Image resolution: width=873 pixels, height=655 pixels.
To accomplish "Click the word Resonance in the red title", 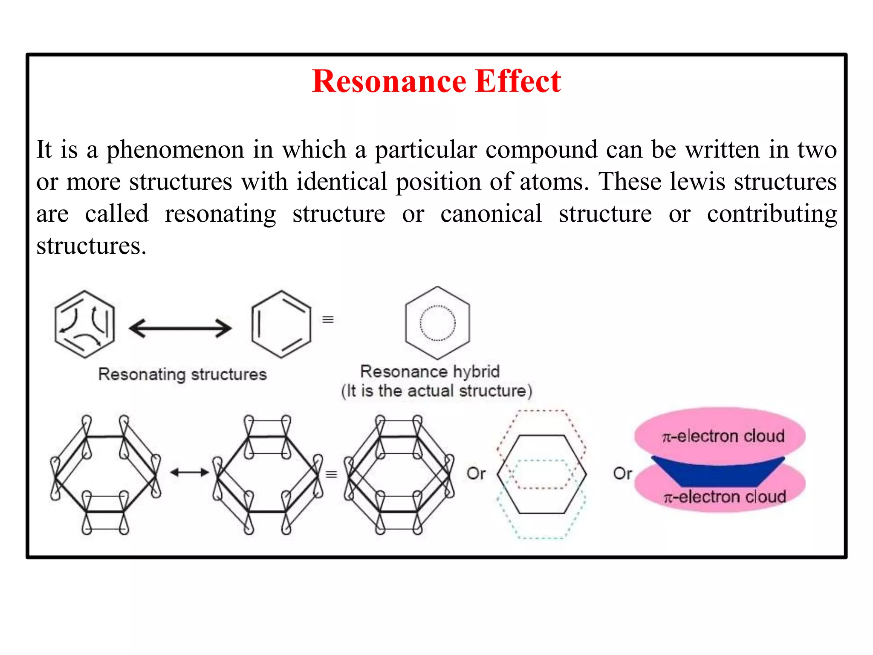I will pyautogui.click(x=389, y=81).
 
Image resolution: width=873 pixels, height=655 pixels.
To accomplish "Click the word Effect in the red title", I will pyautogui.click(x=517, y=81).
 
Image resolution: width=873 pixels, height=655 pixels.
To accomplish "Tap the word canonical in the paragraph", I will pyautogui.click(x=491, y=214).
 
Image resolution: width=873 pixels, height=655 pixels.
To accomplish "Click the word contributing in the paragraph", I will pyautogui.click(x=772, y=214).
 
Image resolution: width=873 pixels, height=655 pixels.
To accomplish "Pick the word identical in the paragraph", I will pyautogui.click(x=341, y=182).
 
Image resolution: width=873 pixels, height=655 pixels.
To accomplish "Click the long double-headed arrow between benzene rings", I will pyautogui.click(x=180, y=328).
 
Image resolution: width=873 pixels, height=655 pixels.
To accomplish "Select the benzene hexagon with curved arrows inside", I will pyautogui.click(x=84, y=324).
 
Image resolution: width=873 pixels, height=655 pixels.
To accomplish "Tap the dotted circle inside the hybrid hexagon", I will pyautogui.click(x=437, y=323).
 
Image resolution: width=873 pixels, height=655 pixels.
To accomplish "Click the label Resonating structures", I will pyautogui.click(x=182, y=374).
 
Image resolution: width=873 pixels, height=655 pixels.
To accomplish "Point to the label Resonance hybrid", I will pyautogui.click(x=430, y=371).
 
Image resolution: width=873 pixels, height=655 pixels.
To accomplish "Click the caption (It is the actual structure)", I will pyautogui.click(x=436, y=391).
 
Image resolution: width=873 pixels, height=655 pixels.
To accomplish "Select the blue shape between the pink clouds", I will pyautogui.click(x=718, y=472).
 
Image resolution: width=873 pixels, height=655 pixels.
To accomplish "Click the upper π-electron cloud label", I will pyautogui.click(x=723, y=436).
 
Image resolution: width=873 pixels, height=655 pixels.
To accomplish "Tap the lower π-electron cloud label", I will pyautogui.click(x=724, y=497).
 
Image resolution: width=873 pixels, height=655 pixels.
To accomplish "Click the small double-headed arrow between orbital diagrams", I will pyautogui.click(x=189, y=472).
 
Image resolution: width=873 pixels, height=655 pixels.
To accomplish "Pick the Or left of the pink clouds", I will pyautogui.click(x=622, y=473).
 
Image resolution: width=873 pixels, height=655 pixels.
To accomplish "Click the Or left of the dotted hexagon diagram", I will pyautogui.click(x=476, y=473).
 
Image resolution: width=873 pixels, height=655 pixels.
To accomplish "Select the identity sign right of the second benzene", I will pyautogui.click(x=327, y=319).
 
